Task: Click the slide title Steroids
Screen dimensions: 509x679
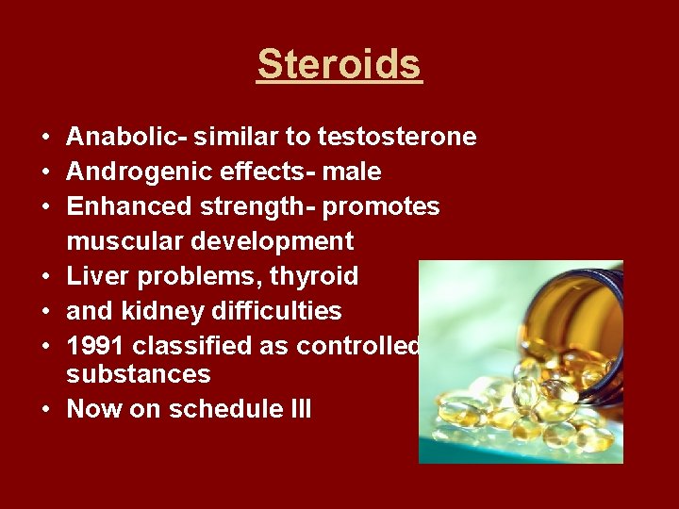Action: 339,64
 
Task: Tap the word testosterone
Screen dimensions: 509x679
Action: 397,138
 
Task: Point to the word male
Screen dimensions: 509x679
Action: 351,172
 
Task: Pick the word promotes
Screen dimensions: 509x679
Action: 381,206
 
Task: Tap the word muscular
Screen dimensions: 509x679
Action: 125,241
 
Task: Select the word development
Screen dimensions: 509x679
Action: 273,241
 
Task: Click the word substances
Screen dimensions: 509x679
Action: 139,374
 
